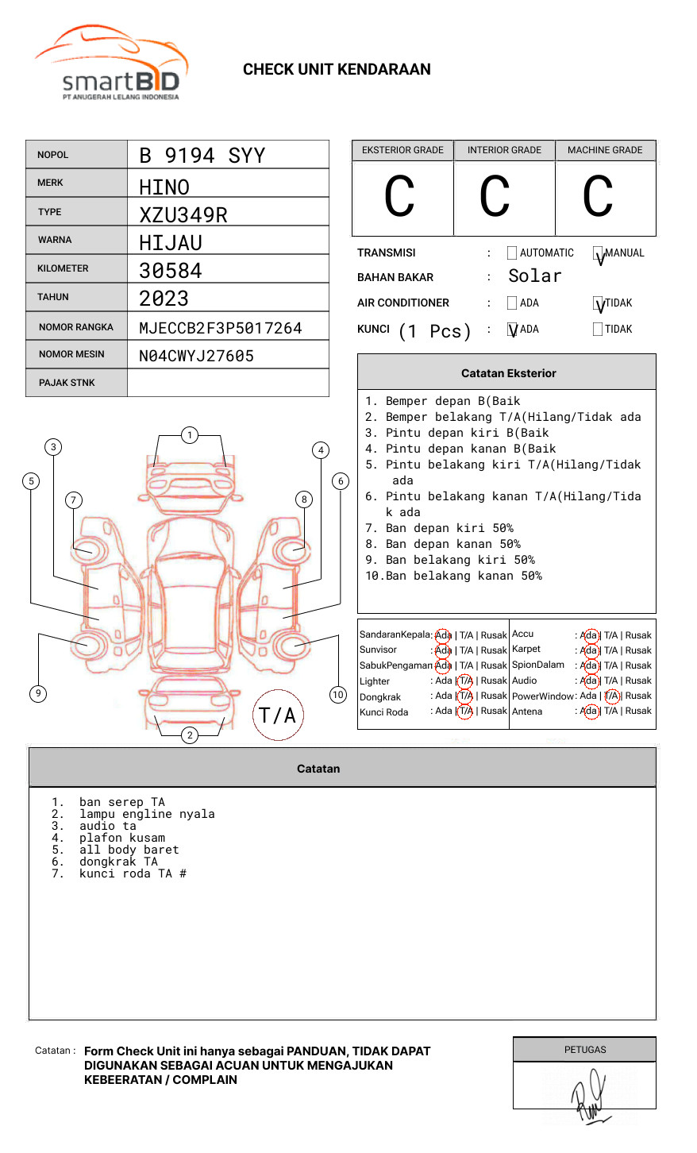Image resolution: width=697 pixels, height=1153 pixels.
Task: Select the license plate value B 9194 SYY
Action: [202, 156]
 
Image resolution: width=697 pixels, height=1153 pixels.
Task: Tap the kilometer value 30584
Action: [171, 271]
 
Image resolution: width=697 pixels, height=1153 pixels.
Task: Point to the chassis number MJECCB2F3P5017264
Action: [221, 328]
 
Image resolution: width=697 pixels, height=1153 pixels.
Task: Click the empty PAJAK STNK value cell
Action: [228, 383]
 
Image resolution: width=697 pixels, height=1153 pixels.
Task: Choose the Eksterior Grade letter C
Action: [399, 196]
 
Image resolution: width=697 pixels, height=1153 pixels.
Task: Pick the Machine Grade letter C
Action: [598, 196]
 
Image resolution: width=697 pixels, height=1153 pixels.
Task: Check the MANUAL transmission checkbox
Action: [598, 253]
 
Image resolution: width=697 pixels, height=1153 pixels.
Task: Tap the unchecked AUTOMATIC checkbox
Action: [512, 253]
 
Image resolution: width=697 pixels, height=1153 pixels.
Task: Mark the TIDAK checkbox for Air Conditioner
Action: [598, 303]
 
